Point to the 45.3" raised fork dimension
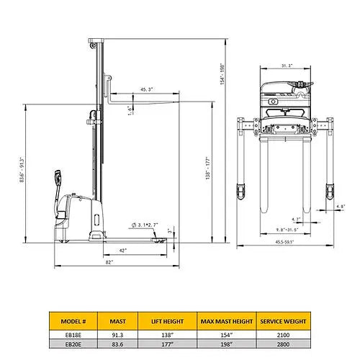pyautogui.click(x=147, y=90)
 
